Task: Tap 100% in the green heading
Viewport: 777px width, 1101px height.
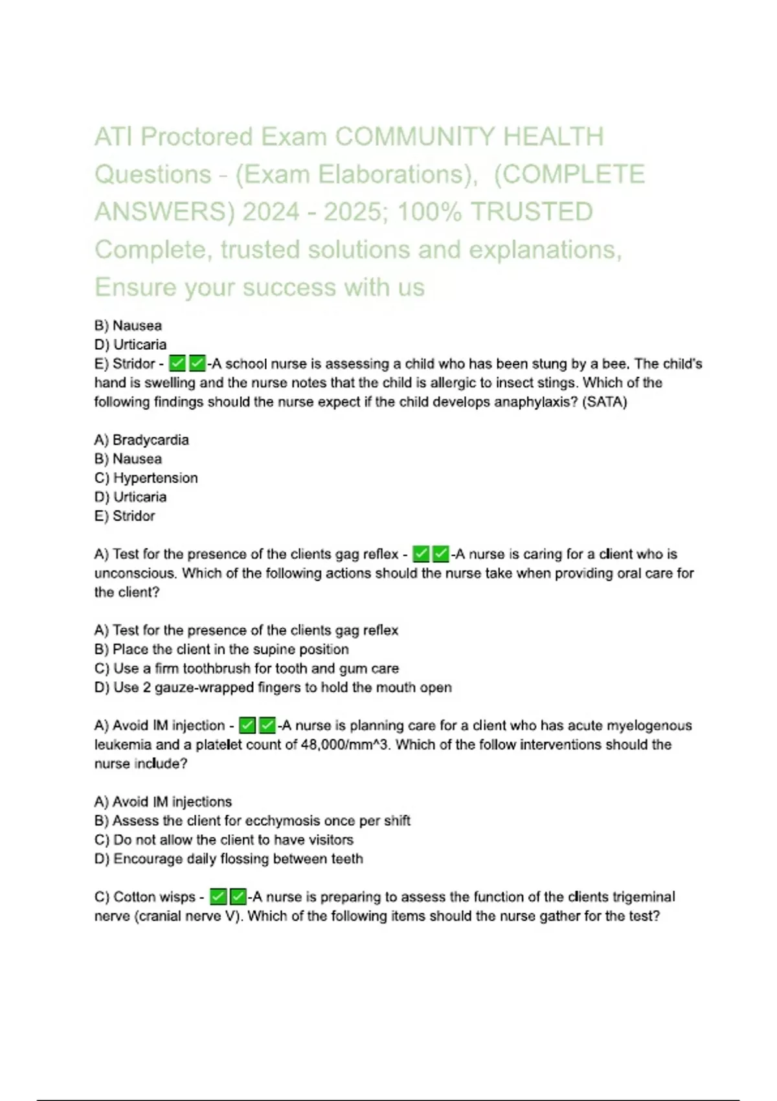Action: tap(429, 212)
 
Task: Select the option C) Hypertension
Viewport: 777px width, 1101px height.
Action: tap(146, 478)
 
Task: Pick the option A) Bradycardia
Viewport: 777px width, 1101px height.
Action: tap(142, 440)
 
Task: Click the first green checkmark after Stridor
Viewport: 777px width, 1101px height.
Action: tap(177, 363)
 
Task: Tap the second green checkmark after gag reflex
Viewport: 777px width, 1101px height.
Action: tap(441, 554)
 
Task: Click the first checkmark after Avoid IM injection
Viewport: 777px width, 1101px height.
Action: tap(247, 725)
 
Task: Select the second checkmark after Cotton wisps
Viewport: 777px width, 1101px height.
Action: tap(238, 897)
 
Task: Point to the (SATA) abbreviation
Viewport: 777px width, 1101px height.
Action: tap(605, 402)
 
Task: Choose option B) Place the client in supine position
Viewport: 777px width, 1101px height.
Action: tap(221, 649)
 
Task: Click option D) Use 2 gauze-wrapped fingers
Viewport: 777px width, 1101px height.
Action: tap(273, 687)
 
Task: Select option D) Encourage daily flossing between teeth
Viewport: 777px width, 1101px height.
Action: tap(229, 859)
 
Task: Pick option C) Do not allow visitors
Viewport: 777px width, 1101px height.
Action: tap(224, 840)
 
